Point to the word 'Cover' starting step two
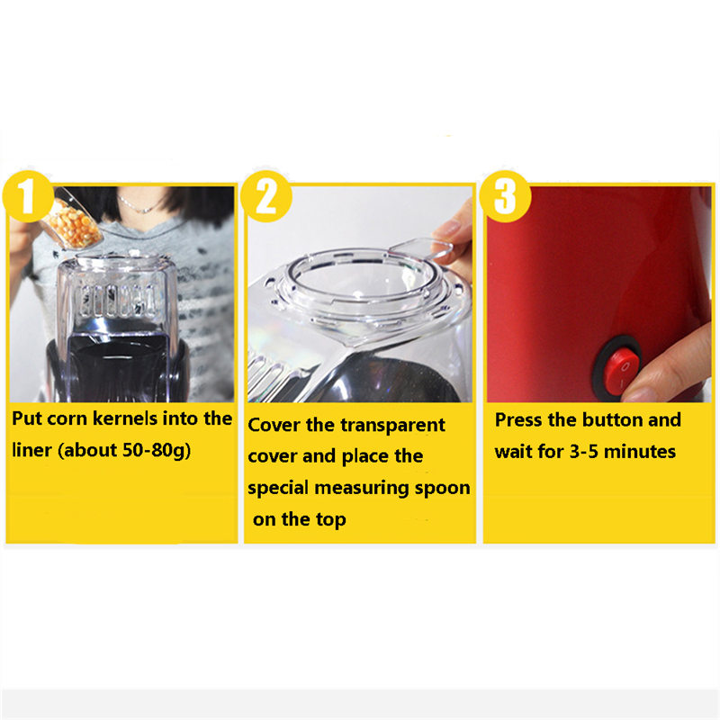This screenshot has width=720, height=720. [x=274, y=425]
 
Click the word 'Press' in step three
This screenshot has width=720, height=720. [x=521, y=420]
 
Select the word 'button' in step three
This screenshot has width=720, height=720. [x=613, y=420]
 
